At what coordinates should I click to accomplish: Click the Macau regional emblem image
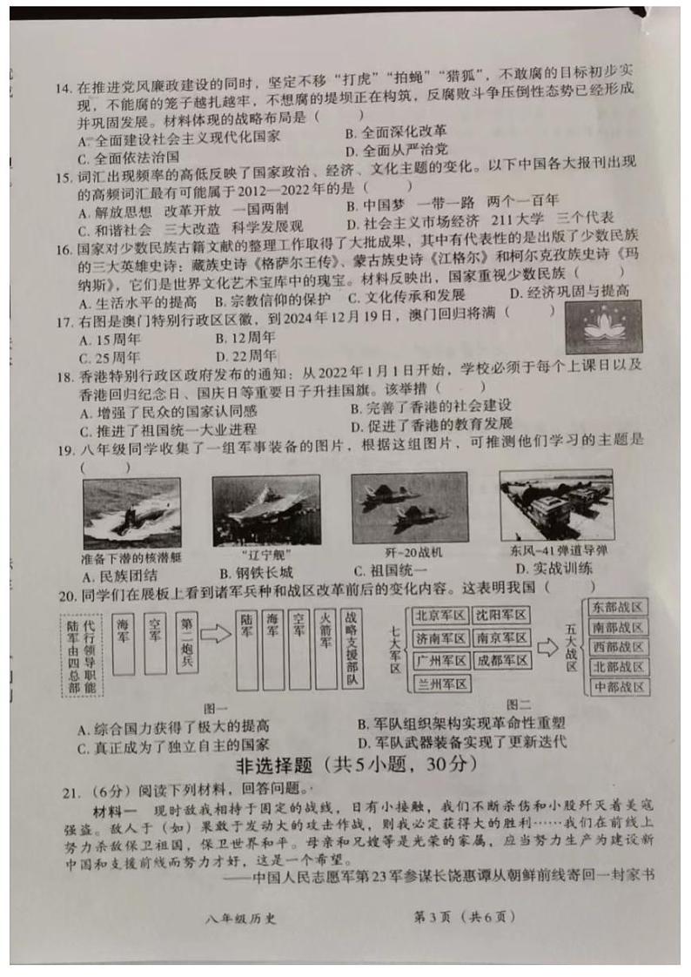(x=602, y=327)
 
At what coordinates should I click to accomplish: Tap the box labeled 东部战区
(x=617, y=606)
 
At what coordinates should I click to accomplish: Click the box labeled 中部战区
(x=617, y=687)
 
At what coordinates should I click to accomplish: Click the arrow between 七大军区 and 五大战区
(x=547, y=649)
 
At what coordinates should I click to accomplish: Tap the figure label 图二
(x=519, y=704)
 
